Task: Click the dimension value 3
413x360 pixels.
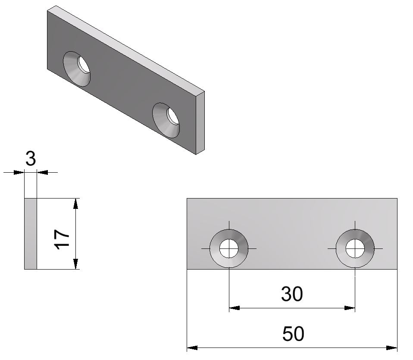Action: click(31, 158)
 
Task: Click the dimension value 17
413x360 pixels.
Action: click(62, 239)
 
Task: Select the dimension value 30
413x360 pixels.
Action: click(292, 294)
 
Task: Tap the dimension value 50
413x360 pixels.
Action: click(293, 334)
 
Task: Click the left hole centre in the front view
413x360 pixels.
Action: click(229, 249)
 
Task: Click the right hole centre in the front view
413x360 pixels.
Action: click(355, 249)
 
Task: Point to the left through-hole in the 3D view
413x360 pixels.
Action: click(84, 65)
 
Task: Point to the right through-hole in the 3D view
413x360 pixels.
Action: click(173, 116)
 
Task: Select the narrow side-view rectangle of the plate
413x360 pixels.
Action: click(31, 234)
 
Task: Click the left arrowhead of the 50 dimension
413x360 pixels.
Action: click(192, 348)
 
